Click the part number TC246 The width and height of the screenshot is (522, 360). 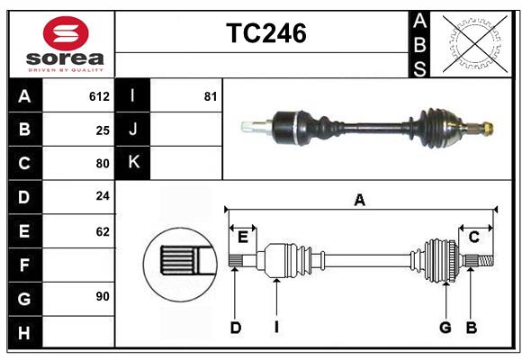pyautogui.click(x=265, y=33)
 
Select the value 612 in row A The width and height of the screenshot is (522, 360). pyautogui.click(x=99, y=96)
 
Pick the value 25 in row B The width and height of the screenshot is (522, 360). pyautogui.click(x=103, y=130)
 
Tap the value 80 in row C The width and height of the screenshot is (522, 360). pyautogui.click(x=103, y=164)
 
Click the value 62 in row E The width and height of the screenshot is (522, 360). pyautogui.click(x=103, y=231)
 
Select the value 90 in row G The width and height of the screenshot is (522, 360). pyautogui.click(x=103, y=296)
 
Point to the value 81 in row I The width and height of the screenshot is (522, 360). pyautogui.click(x=211, y=96)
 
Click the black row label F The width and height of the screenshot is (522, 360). pyautogui.click(x=24, y=265)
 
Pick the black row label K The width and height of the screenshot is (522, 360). pyautogui.click(x=133, y=163)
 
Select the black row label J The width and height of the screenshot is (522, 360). pyautogui.click(x=133, y=130)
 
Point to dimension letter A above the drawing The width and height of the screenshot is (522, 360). pyautogui.click(x=360, y=201)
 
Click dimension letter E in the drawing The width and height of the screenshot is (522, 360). pyautogui.click(x=243, y=237)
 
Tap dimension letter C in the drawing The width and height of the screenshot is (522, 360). pyautogui.click(x=473, y=237)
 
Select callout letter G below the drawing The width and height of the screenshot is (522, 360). pyautogui.click(x=445, y=328)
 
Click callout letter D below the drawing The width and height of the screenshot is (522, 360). pyautogui.click(x=235, y=328)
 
